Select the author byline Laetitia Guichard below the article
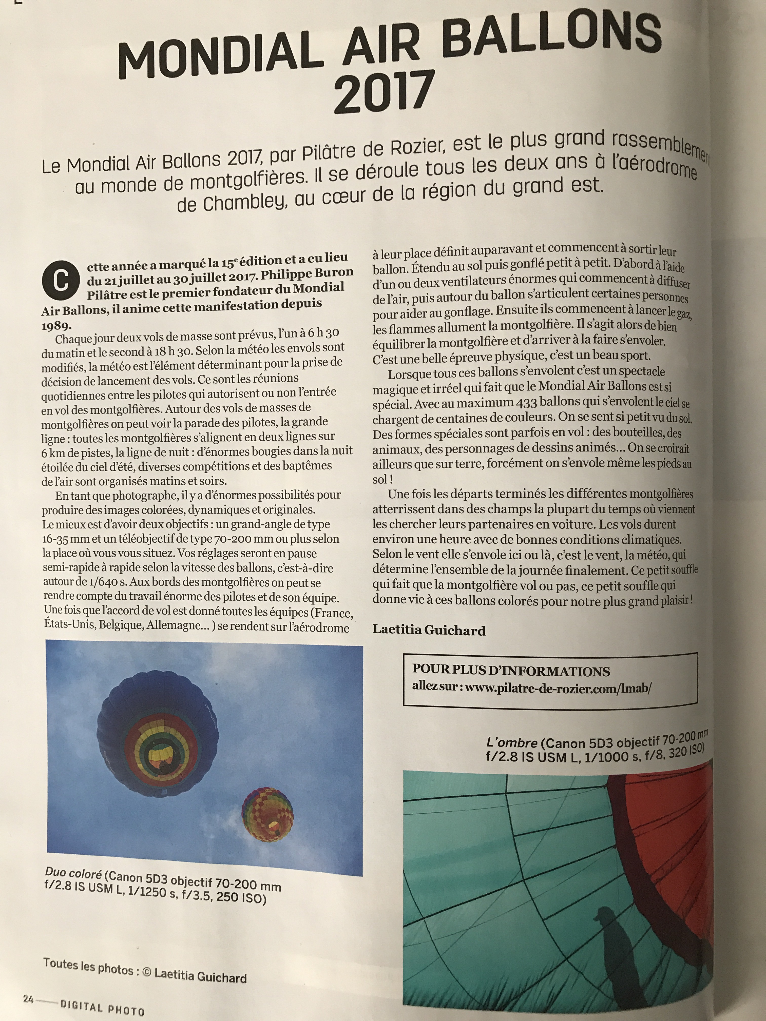(429, 630)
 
